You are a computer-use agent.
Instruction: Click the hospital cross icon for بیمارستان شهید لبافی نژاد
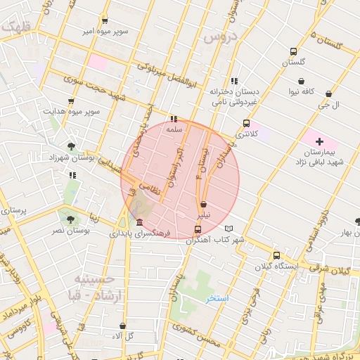pyautogui.click(x=320, y=142)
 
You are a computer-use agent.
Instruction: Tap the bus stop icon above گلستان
pyautogui.click(x=294, y=51)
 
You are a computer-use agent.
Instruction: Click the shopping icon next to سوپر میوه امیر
pyautogui.click(x=105, y=20)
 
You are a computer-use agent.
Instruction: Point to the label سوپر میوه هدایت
pyautogui.click(x=72, y=111)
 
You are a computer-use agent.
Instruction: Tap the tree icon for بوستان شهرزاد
pyautogui.click(x=71, y=146)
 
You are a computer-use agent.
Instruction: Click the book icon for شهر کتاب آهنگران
pyautogui.click(x=229, y=229)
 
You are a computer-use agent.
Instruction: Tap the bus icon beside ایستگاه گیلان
pyautogui.click(x=276, y=256)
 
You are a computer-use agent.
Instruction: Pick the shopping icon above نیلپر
pyautogui.click(x=203, y=204)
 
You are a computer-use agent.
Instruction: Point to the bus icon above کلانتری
pyautogui.click(x=245, y=123)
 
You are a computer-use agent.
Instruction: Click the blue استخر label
pyautogui.click(x=217, y=299)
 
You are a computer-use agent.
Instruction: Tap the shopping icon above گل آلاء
pyautogui.click(x=123, y=326)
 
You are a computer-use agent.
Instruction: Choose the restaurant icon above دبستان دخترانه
pyautogui.click(x=233, y=81)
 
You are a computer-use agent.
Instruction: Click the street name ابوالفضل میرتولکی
pyautogui.click(x=163, y=76)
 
